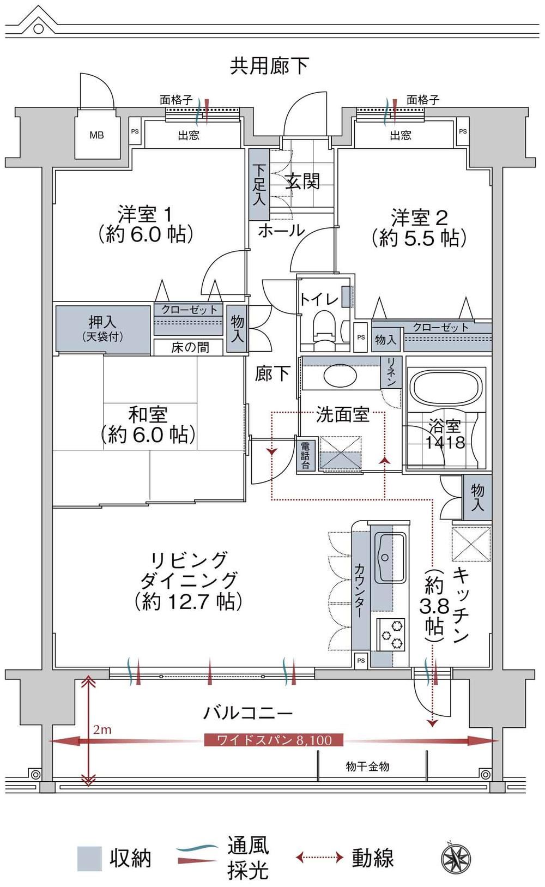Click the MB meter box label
click(96, 135)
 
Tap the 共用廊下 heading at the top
click(269, 66)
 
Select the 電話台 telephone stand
click(306, 455)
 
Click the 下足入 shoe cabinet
click(259, 184)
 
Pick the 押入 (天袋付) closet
click(103, 329)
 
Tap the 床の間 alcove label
click(190, 347)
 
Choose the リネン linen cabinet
click(391, 371)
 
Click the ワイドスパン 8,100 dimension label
click(274, 740)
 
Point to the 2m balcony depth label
click(102, 729)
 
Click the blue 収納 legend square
click(89, 859)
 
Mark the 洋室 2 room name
click(419, 218)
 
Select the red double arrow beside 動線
click(319, 858)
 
